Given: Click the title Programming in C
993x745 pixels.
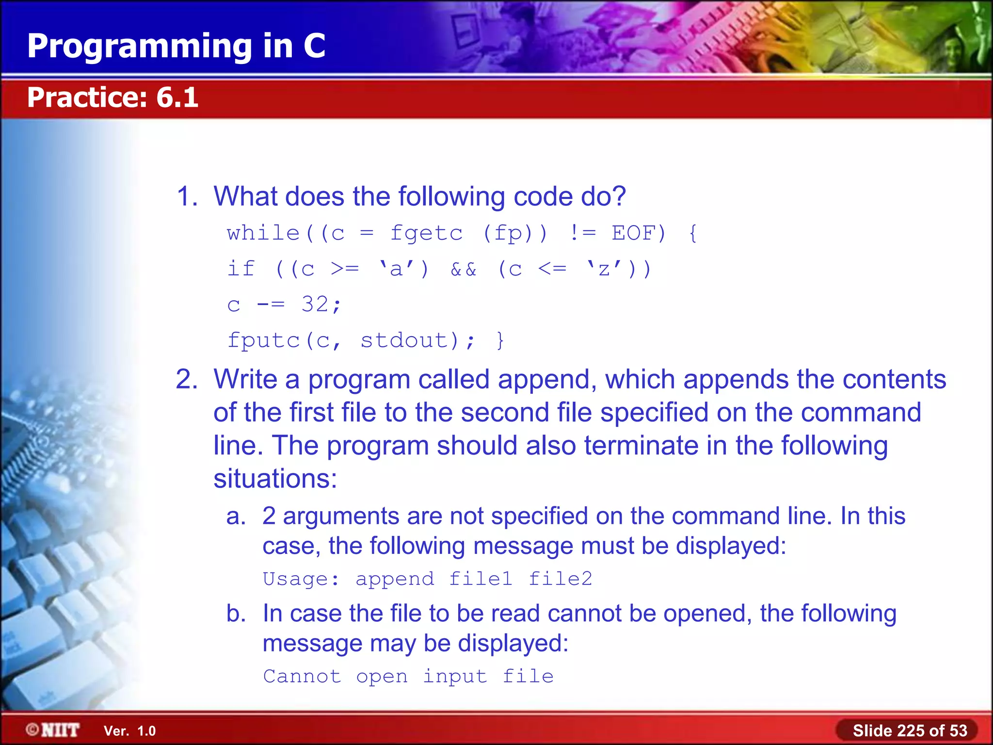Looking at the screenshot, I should (x=176, y=47).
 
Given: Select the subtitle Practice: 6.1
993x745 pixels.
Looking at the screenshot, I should (x=112, y=97).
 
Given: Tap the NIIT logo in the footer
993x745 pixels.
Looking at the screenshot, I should (x=53, y=730).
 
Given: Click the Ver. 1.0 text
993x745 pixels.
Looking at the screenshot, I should (x=129, y=731).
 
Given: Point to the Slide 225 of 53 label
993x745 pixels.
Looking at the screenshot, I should (x=910, y=730).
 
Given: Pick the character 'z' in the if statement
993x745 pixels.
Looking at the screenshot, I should (x=604, y=269).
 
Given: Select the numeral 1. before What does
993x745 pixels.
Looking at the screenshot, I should (x=187, y=196).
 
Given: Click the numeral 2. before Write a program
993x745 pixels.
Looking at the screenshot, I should (x=187, y=379).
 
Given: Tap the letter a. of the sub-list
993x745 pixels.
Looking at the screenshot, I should (x=236, y=516).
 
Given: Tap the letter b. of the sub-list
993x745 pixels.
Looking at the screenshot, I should (x=236, y=614).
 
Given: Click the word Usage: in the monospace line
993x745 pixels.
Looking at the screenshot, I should (x=301, y=579).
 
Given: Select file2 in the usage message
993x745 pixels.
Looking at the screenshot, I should (x=560, y=579).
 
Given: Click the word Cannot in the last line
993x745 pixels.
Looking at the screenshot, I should (x=302, y=676).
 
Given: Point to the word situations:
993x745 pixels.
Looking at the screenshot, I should (x=275, y=479).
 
